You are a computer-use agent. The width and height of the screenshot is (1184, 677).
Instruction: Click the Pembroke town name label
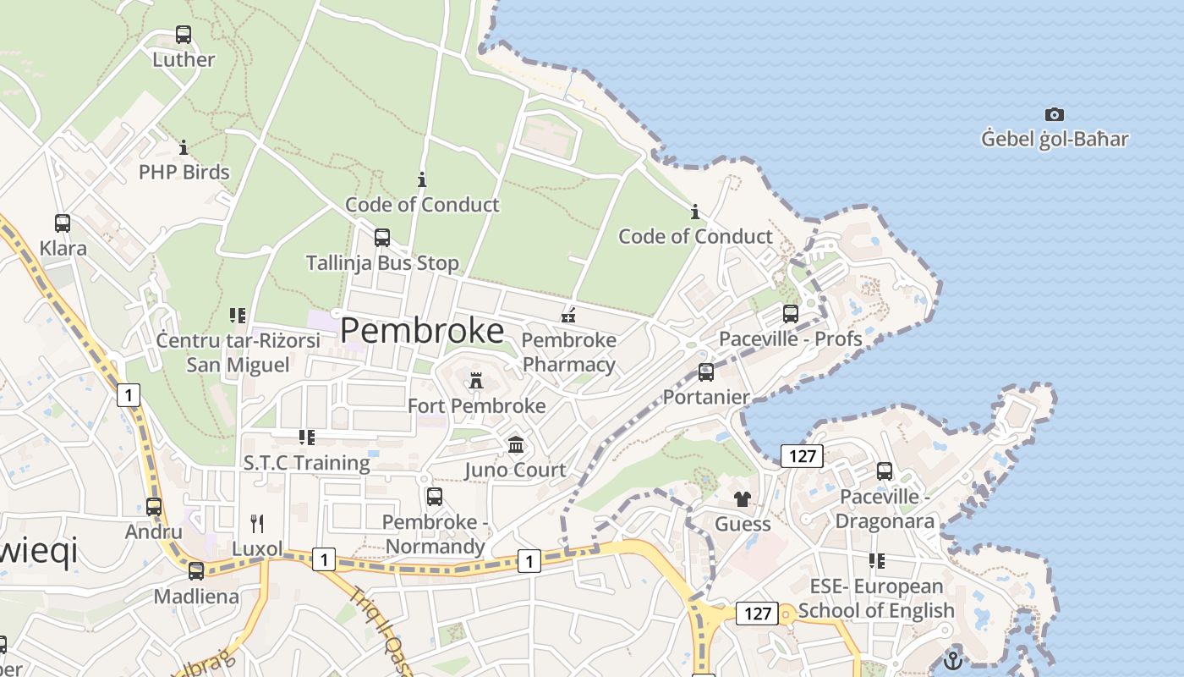[422, 330]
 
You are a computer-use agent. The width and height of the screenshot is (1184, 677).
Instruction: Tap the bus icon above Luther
[184, 35]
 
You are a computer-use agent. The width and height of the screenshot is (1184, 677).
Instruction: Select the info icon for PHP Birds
[184, 148]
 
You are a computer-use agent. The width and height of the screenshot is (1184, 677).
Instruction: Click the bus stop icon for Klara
[63, 223]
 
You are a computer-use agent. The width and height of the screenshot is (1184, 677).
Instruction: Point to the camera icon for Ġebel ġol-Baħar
[1054, 114]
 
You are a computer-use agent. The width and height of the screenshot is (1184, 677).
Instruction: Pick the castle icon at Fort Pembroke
[476, 382]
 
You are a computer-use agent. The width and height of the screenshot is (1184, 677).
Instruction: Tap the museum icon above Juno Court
[516, 445]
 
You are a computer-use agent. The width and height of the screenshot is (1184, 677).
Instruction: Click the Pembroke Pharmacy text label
[569, 352]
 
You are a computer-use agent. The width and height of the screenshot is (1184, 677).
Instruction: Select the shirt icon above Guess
[743, 499]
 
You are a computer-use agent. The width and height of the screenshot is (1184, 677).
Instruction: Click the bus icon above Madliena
[196, 571]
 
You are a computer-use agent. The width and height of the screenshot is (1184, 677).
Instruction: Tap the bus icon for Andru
[154, 507]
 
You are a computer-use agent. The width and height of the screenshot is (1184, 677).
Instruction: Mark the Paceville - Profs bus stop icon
[791, 314]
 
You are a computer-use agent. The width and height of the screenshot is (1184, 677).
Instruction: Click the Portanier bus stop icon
[706, 372]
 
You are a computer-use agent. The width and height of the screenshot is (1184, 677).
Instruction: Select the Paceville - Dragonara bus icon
[885, 471]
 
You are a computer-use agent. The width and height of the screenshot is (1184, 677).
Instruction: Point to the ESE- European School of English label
[876, 598]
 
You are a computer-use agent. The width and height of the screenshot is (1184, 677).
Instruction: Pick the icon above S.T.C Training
[307, 438]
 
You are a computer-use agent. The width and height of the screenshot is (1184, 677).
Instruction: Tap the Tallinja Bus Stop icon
[382, 238]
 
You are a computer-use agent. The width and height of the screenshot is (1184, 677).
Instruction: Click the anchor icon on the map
[953, 660]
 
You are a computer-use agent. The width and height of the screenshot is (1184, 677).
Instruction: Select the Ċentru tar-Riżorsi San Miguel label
[238, 352]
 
